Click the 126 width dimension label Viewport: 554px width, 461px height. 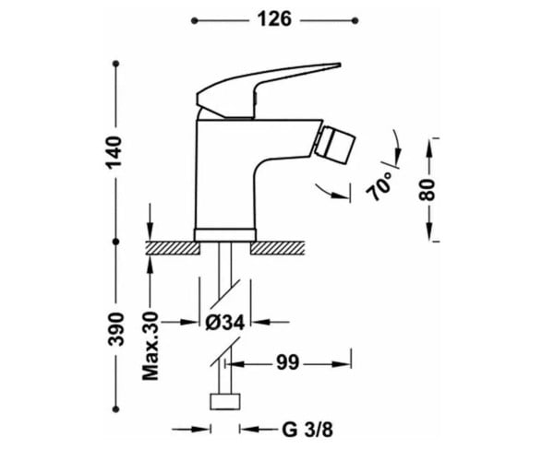274,19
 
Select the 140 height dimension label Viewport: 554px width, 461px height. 114,152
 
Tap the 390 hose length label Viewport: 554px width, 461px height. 115,329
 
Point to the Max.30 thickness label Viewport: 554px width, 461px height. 151,347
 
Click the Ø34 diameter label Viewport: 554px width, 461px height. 225,322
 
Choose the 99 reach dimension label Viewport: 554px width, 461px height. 287,362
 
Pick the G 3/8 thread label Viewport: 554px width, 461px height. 307,430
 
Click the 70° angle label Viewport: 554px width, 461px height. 379,186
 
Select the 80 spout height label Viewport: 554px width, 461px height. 427,190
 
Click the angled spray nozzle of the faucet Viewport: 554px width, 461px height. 334,143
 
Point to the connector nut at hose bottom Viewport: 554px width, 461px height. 225,401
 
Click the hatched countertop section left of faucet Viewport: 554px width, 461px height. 173,248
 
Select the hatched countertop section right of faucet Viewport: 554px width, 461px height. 277,248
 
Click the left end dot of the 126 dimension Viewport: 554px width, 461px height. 194,21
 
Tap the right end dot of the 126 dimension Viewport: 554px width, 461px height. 355,21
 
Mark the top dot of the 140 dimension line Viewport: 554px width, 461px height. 115,64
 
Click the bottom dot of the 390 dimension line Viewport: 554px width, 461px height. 115,409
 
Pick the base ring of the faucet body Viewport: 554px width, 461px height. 225,235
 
